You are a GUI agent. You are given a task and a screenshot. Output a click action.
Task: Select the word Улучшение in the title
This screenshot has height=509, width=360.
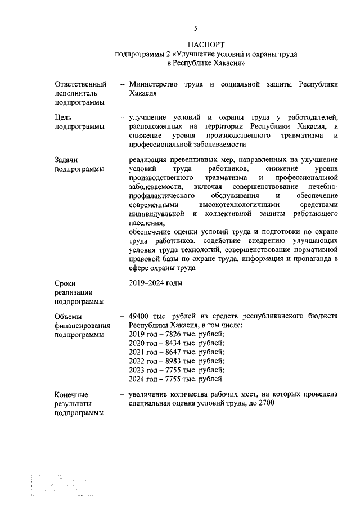(x=200, y=54)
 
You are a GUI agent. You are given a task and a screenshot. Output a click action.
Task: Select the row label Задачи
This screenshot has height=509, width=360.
(x=67, y=160)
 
